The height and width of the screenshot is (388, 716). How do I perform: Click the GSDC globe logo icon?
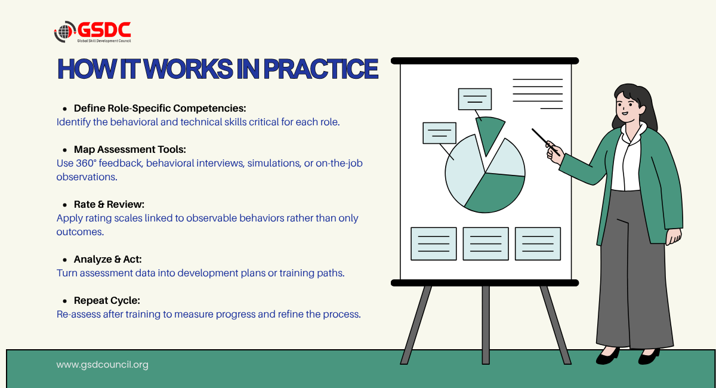click(x=64, y=32)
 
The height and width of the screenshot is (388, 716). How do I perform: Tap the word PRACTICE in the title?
click(x=321, y=69)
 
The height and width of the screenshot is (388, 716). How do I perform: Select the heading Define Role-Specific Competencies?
click(x=160, y=108)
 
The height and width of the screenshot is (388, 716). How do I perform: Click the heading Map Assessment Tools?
click(x=130, y=149)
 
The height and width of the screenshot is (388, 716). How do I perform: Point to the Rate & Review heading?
click(x=109, y=204)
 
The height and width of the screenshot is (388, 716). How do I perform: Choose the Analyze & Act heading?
click(x=108, y=259)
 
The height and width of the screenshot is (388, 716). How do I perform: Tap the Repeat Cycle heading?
click(x=107, y=300)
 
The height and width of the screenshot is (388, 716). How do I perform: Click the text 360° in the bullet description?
click(x=86, y=163)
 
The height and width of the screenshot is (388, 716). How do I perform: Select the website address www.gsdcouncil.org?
click(x=102, y=365)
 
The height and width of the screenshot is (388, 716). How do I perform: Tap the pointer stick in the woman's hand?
click(x=545, y=142)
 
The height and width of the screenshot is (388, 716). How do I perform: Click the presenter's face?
click(x=627, y=106)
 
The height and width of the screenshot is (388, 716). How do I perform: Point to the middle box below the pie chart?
click(x=486, y=244)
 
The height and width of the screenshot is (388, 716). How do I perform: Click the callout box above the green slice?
click(x=475, y=99)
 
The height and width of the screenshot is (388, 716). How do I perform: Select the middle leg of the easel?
click(x=486, y=325)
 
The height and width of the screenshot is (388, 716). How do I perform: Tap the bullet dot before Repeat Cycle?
click(x=65, y=301)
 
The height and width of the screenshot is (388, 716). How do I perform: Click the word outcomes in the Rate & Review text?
click(x=80, y=232)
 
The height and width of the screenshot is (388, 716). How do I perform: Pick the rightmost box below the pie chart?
click(x=538, y=244)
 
